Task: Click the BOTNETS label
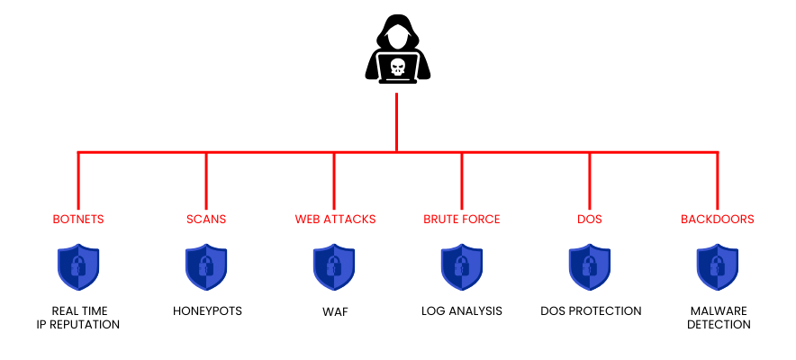point(78,219)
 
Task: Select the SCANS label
point(206,219)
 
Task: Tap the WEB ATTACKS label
point(334,219)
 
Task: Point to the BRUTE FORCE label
point(462,219)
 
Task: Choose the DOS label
point(590,219)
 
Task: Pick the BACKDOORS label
point(718,219)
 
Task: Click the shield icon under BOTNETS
point(78,267)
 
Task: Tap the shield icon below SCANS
point(206,267)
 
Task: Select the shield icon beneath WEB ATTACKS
point(334,267)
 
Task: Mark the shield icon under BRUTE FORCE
point(462,267)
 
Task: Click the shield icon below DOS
point(590,267)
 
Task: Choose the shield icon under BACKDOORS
point(718,267)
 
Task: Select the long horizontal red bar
point(270,152)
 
